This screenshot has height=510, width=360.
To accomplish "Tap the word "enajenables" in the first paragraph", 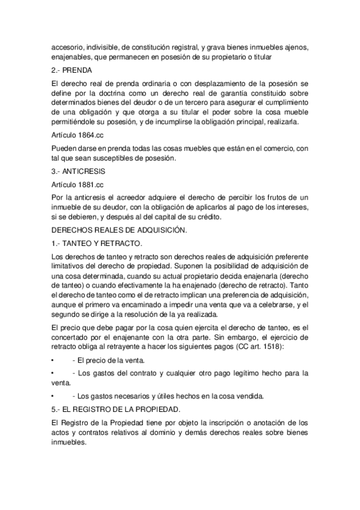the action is pyautogui.click(x=72, y=57).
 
